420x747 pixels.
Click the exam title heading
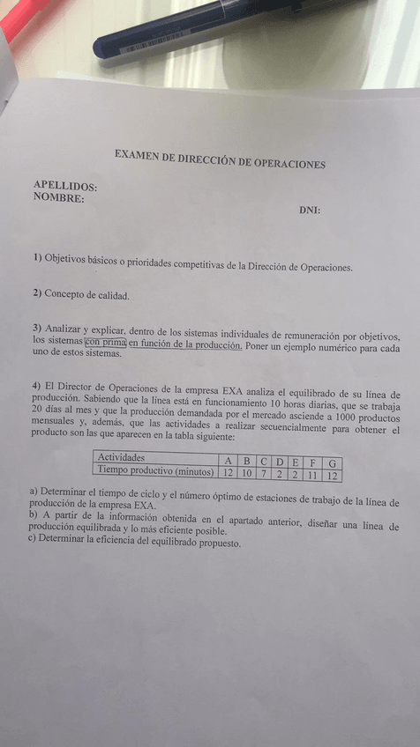(x=220, y=159)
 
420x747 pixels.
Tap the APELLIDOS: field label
(x=64, y=186)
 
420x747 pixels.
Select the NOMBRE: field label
(x=58, y=198)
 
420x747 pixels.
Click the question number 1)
(x=37, y=257)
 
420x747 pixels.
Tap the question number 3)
(x=37, y=329)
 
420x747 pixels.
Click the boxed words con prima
(x=106, y=343)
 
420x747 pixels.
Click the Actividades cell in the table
(x=121, y=458)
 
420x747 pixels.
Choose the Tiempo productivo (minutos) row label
(x=155, y=471)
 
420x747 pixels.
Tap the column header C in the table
(x=263, y=461)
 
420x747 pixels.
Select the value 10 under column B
(x=246, y=473)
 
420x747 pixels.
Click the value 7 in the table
(x=263, y=473)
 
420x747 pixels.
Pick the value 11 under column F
(x=311, y=475)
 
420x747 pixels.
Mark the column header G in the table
(x=332, y=462)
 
